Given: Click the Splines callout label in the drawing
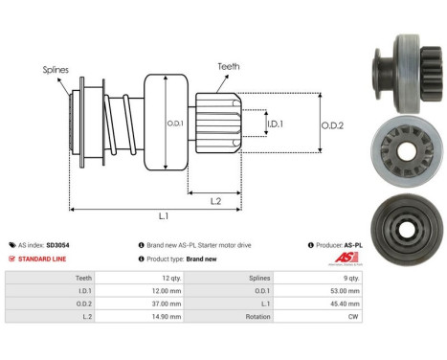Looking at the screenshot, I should (55, 70).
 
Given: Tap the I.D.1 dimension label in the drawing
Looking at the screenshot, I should (275, 124).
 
